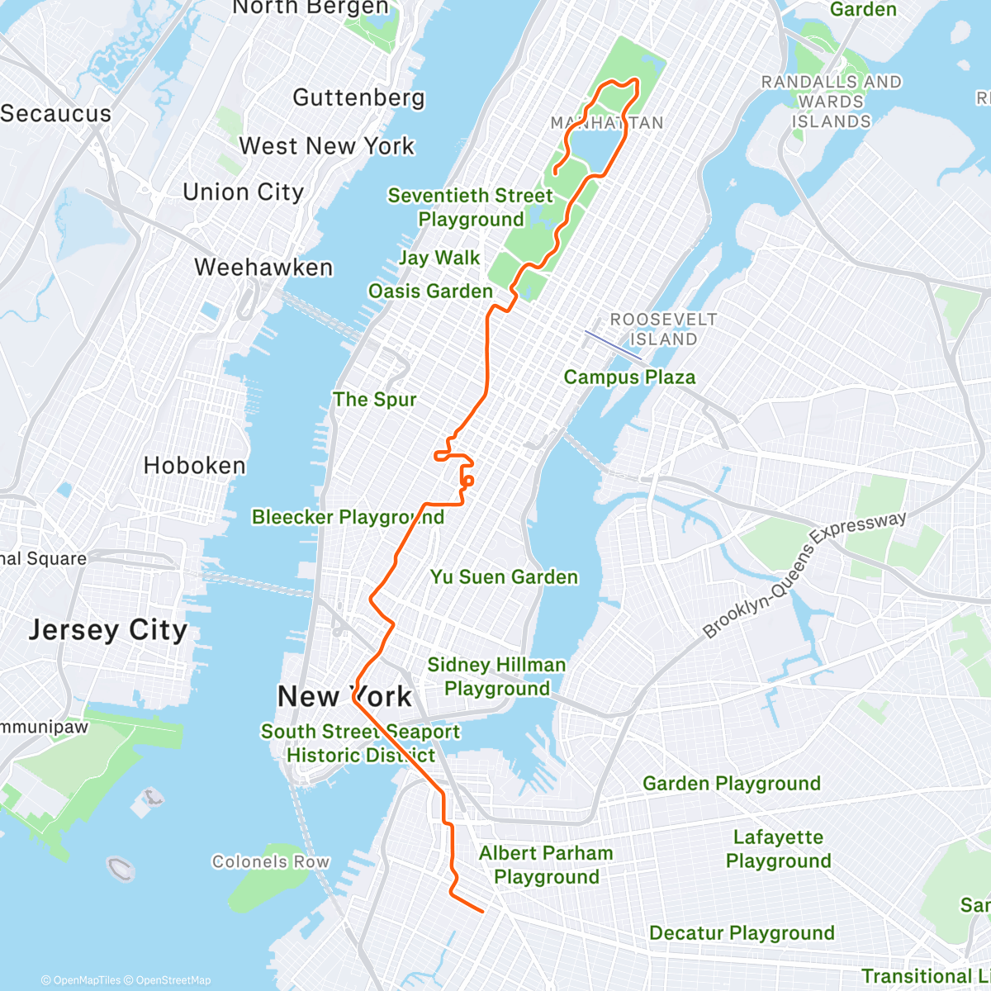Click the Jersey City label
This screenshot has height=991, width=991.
tap(108, 630)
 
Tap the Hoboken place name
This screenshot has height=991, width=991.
tap(195, 466)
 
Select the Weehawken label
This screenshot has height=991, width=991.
tap(263, 268)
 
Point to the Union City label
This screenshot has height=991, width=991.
tap(244, 192)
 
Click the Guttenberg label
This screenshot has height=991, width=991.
tap(358, 97)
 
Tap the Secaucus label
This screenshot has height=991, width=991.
tap(55, 114)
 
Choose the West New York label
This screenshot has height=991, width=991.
tap(327, 146)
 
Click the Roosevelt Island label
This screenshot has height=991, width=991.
tap(663, 329)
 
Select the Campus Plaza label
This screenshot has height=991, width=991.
tap(629, 377)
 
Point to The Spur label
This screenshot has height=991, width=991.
tap(374, 400)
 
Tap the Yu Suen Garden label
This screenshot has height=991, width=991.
tap(504, 577)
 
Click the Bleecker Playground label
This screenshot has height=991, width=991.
tap(348, 518)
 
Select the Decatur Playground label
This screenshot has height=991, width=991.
tap(742, 933)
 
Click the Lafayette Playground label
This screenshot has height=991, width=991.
tap(778, 849)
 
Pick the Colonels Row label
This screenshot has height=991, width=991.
tap(271, 862)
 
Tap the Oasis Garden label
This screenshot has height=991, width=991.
tap(430, 292)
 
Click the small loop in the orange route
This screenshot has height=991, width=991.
tap(468, 481)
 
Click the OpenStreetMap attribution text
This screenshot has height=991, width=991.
tap(173, 980)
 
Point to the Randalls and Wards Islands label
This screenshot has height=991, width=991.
tap(831, 102)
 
